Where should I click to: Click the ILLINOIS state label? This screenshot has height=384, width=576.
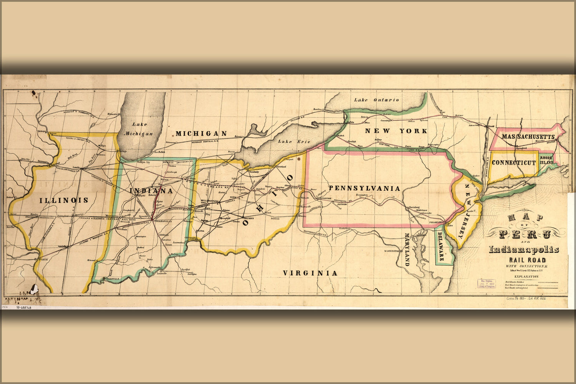pos(64,200)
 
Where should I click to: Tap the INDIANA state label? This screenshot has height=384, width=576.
pos(151,191)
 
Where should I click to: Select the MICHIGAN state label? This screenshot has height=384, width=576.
pos(201,133)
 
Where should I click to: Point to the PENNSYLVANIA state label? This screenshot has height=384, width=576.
pos(364,188)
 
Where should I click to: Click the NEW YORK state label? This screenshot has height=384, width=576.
pos(396,131)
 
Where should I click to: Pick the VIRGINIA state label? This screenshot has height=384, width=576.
pos(310,273)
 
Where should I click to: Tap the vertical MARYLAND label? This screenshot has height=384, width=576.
pos(407,249)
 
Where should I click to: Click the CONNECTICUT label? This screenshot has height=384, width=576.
pos(514,162)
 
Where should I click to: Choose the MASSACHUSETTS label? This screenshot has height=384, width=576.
pos(528,137)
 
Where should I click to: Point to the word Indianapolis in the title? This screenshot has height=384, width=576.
pos(524,250)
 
